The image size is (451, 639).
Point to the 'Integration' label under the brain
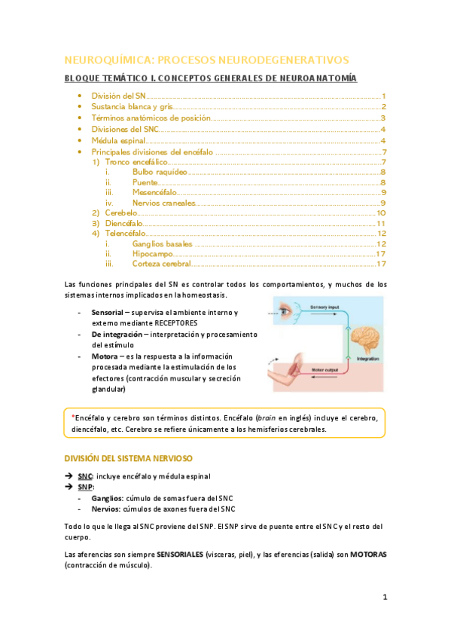click(368, 359)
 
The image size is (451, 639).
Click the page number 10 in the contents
click(381, 213)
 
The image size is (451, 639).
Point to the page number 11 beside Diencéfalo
click(381, 224)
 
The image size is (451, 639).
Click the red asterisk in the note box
click(73, 417)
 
